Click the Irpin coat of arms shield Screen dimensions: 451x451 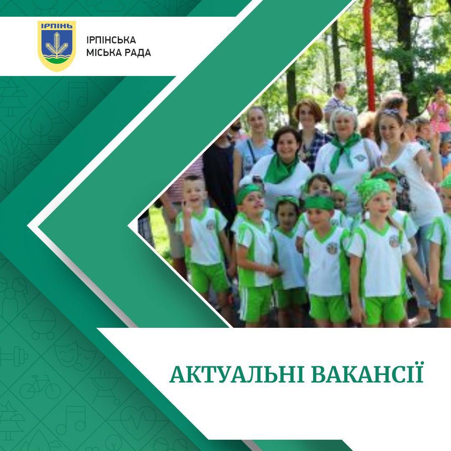[57, 46]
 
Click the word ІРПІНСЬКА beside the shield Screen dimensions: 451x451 [111, 40]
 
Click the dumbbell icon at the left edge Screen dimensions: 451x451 [13, 357]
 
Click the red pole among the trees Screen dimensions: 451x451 [369, 52]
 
